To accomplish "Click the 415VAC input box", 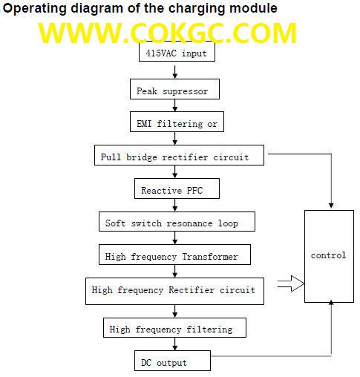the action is pyautogui.click(x=177, y=51).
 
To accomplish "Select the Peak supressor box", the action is pyautogui.click(x=174, y=89).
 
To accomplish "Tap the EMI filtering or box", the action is pyautogui.click(x=177, y=122).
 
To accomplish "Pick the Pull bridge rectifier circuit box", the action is pyautogui.click(x=179, y=155).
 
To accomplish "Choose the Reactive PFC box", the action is pyautogui.click(x=177, y=188).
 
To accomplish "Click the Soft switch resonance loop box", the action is pyautogui.click(x=177, y=222).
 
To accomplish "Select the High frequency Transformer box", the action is pyautogui.click(x=174, y=255).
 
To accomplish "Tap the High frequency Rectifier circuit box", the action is pyautogui.click(x=174, y=291).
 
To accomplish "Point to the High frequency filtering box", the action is pyautogui.click(x=174, y=328).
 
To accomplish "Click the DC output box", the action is pyautogui.click(x=172, y=361).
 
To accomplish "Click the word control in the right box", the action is pyautogui.click(x=328, y=255).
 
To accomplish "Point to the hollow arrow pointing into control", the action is pyautogui.click(x=291, y=283).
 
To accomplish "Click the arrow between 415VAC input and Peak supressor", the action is pyautogui.click(x=175, y=72).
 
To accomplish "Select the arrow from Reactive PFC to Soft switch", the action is pyautogui.click(x=175, y=205).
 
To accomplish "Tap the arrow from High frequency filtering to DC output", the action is pyautogui.click(x=175, y=344).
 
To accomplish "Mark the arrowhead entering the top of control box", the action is pyautogui.click(x=331, y=206).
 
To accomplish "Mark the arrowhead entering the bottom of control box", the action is pyautogui.click(x=331, y=302).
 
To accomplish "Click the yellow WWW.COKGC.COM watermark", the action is pyautogui.click(x=168, y=33).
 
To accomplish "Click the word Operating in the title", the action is pyautogui.click(x=35, y=9).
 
